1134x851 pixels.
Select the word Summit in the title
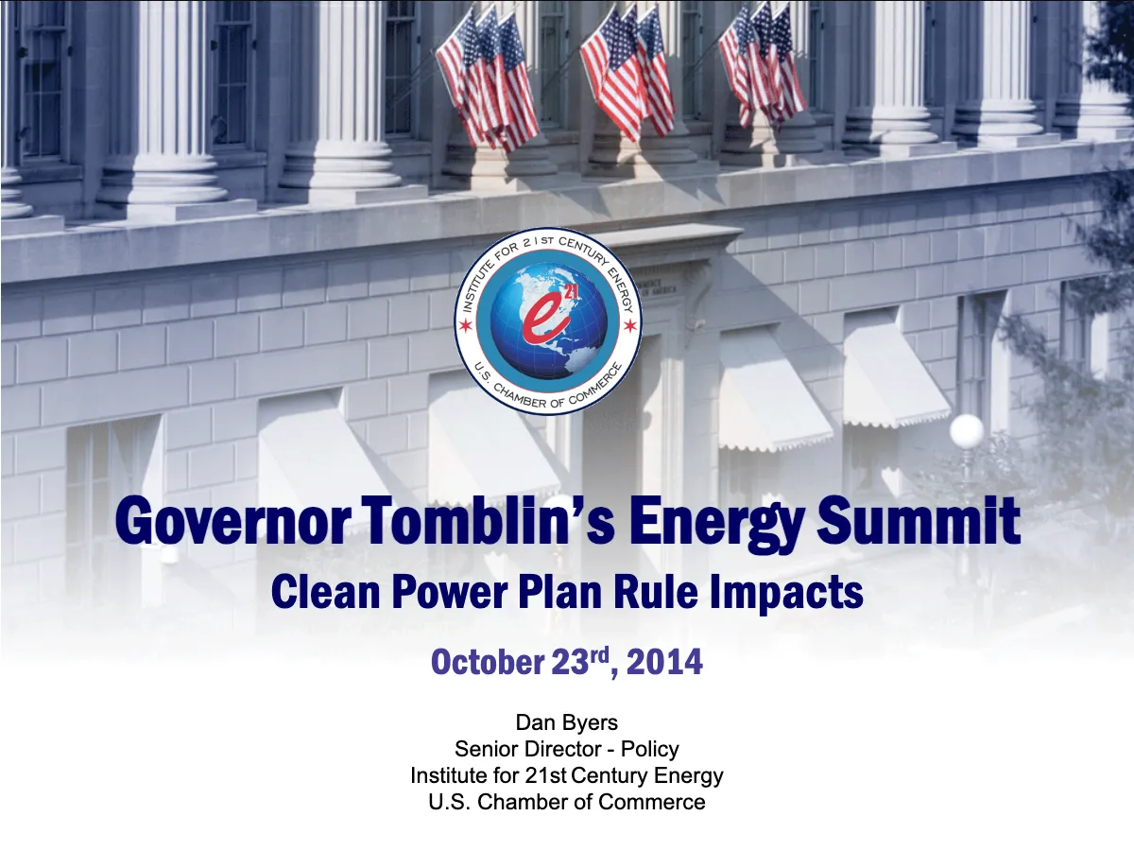[919, 521]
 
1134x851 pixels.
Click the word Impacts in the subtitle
[786, 593]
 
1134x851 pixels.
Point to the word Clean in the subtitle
[325, 592]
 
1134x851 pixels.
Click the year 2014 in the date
[664, 662]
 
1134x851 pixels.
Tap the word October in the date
[488, 662]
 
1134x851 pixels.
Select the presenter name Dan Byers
[567, 722]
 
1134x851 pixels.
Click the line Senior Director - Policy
[567, 749]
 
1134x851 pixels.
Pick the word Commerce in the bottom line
[652, 802]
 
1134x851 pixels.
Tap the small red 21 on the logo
[570, 292]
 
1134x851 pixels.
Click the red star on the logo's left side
[466, 325]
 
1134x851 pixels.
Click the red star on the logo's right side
[629, 325]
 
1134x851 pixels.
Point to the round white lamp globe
[967, 431]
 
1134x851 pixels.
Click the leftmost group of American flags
[488, 78]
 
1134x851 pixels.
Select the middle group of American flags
[627, 73]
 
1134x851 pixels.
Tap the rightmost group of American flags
[763, 64]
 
